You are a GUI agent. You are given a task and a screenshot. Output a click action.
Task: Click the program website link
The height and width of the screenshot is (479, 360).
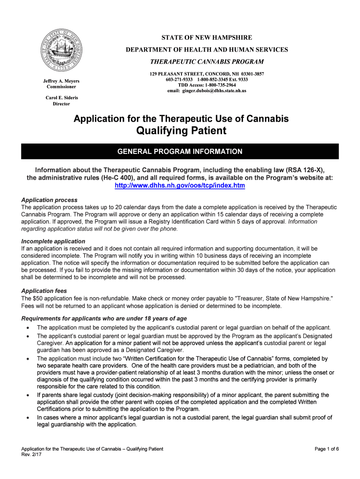pyautogui.click(x=180, y=186)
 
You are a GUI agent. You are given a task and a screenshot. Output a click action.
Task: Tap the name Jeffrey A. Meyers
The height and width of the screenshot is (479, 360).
pyautogui.click(x=61, y=80)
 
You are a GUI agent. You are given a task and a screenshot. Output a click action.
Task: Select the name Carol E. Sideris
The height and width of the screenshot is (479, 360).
pyautogui.click(x=61, y=98)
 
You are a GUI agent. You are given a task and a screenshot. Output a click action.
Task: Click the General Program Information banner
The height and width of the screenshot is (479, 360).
pyautogui.click(x=180, y=152)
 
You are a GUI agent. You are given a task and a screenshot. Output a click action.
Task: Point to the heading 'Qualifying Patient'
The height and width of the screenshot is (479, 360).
pyautogui.click(x=181, y=131)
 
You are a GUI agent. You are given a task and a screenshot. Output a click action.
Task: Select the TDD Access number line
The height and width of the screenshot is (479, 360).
pyautogui.click(x=207, y=85)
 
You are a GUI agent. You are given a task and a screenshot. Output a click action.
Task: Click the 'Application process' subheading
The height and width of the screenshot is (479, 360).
pyautogui.click(x=50, y=200)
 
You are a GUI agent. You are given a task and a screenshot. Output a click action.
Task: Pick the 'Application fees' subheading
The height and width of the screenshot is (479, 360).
pyautogui.click(x=44, y=291)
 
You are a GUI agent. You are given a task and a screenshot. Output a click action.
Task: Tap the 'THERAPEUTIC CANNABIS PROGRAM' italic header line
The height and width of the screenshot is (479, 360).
pyautogui.click(x=207, y=62)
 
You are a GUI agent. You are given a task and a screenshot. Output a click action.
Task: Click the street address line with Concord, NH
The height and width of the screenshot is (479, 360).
pyautogui.click(x=207, y=74)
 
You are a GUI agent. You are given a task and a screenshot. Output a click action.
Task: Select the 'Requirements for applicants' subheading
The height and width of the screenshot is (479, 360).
pyautogui.click(x=104, y=319)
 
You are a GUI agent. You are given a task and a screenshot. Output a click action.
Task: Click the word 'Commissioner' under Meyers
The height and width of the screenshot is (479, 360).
pyautogui.click(x=61, y=87)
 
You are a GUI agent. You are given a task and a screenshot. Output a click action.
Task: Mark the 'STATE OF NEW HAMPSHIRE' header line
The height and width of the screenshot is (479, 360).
pyautogui.click(x=207, y=37)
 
